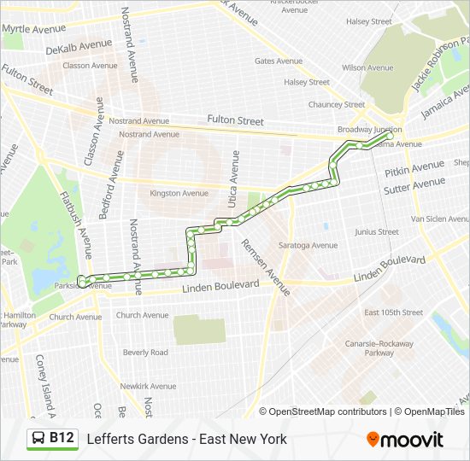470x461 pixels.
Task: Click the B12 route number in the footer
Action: click(x=62, y=439)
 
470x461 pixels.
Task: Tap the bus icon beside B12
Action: click(x=38, y=439)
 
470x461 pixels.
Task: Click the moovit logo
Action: click(x=405, y=440)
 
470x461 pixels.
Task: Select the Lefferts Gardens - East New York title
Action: click(x=186, y=439)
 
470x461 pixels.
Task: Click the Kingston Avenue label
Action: click(x=178, y=194)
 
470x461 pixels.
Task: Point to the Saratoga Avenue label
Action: click(x=308, y=245)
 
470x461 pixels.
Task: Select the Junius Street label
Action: click(x=376, y=231)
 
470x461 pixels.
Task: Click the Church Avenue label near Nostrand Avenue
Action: click(x=142, y=315)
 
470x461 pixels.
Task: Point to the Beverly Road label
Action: click(x=145, y=352)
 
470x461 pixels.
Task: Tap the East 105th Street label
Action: click(x=393, y=312)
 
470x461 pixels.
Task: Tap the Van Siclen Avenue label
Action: click(x=441, y=219)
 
